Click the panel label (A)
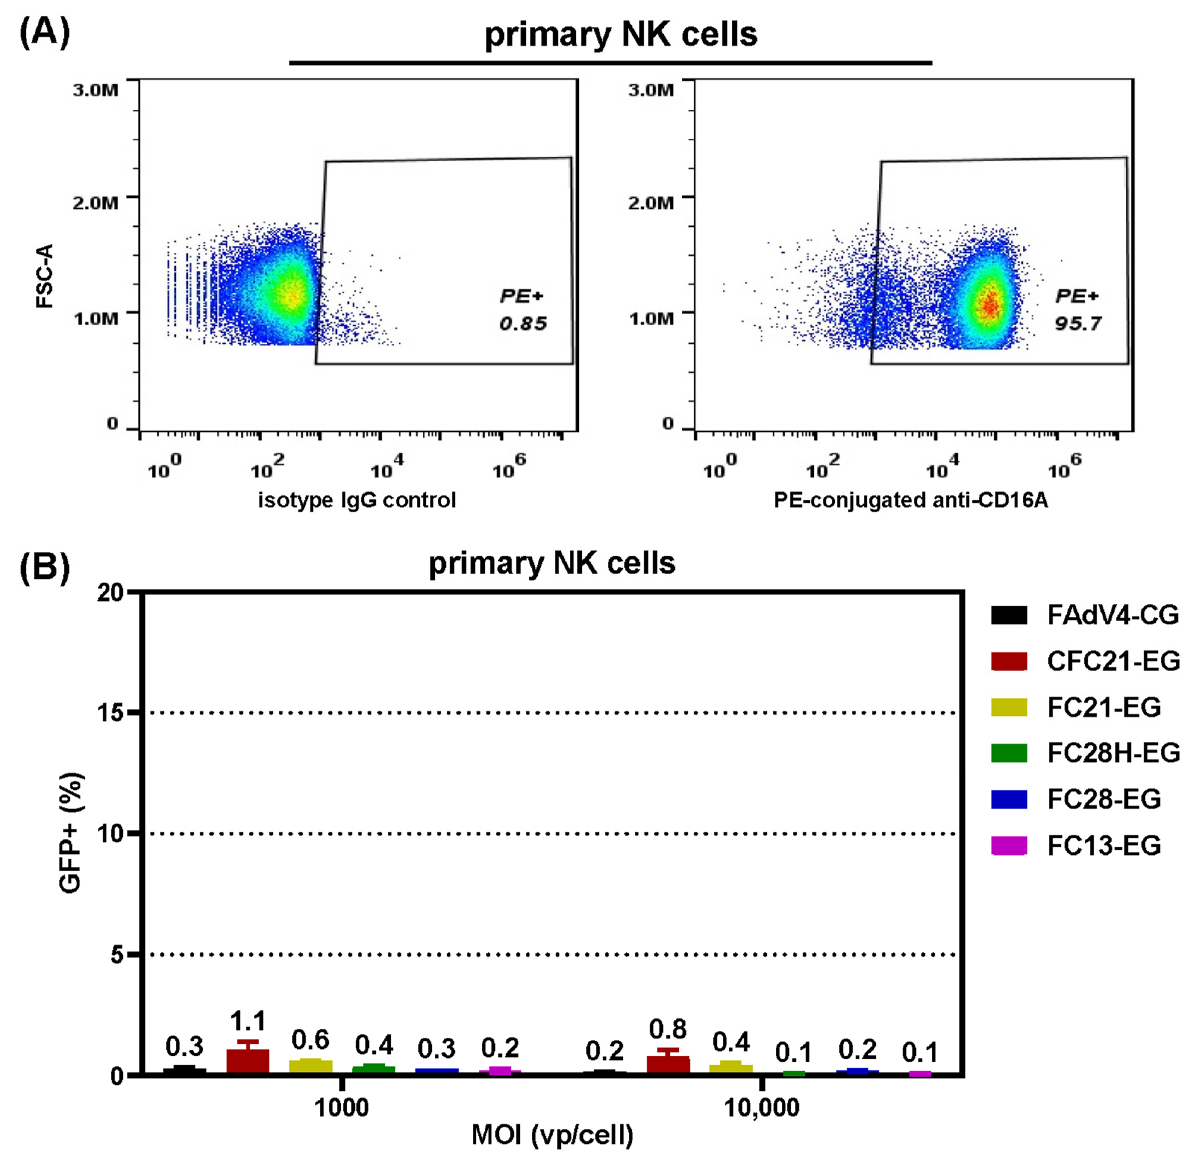[44, 32]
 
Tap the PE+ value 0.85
[522, 324]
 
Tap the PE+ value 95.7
[1078, 324]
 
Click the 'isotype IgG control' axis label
[357, 500]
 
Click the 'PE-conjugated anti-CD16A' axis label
[910, 500]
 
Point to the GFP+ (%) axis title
[71, 833]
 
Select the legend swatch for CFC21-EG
[1009, 661]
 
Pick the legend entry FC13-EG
[1103, 845]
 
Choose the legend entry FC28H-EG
[1113, 753]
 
